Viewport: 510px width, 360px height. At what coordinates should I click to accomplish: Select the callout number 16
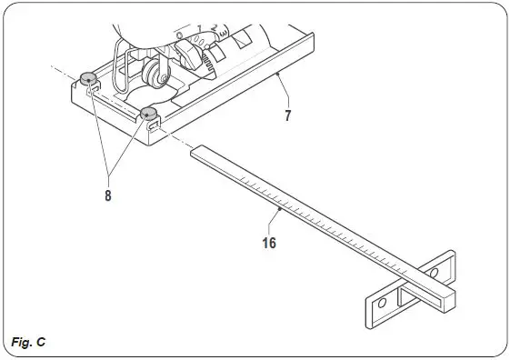click(x=268, y=243)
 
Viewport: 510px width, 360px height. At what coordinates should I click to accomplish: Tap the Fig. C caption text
click(x=30, y=342)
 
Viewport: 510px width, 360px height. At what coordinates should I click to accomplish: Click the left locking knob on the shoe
click(x=88, y=76)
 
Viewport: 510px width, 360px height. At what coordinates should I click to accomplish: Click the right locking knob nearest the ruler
click(x=148, y=112)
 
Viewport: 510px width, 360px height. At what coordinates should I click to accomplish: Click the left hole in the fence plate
click(x=382, y=300)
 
